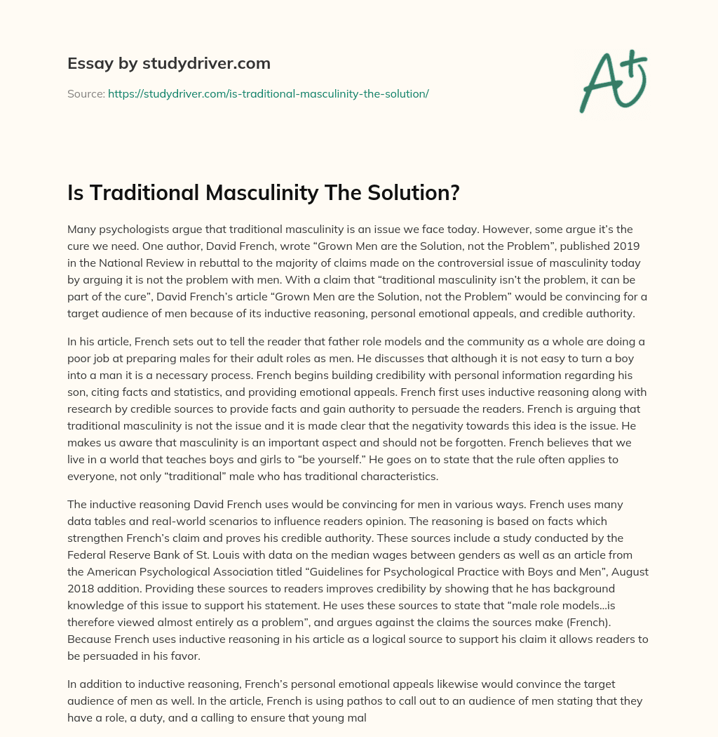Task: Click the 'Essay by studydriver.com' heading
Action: point(169,64)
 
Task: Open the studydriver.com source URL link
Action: point(268,93)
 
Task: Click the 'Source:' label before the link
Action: point(86,93)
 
